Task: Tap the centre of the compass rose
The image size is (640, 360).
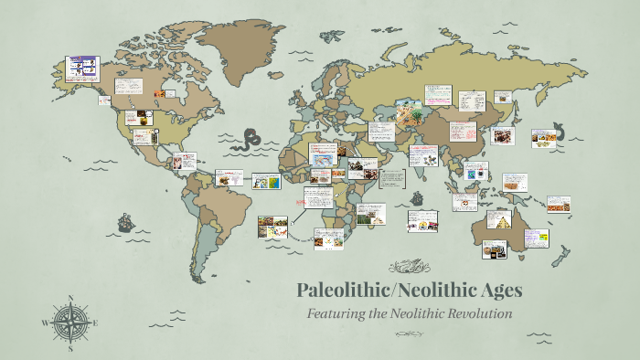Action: (69, 323)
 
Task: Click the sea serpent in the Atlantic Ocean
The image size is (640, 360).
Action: (248, 142)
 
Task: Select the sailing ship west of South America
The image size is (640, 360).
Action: (123, 222)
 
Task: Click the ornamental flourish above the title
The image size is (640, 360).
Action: (408, 267)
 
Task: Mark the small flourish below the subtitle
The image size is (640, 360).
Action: (408, 334)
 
